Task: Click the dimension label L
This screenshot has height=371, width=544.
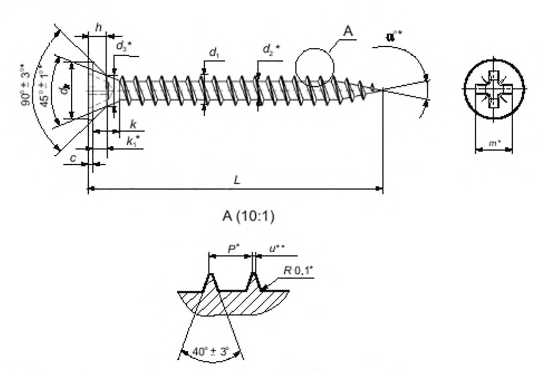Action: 237,180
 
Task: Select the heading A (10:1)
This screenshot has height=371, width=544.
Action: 248,216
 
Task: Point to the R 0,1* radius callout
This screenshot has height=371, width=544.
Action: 298,270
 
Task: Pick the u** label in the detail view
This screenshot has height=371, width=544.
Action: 277,248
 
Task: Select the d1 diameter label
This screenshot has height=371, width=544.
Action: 214,53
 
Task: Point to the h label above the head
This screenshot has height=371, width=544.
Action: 98,27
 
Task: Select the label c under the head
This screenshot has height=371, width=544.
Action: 73,158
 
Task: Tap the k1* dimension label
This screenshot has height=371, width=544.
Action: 133,141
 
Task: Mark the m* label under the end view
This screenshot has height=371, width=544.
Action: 494,143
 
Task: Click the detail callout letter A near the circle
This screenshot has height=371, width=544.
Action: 348,31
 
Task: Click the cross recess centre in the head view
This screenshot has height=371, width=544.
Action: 494,88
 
